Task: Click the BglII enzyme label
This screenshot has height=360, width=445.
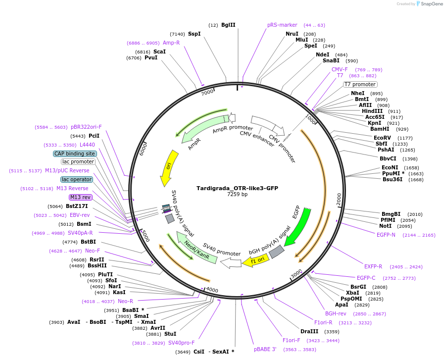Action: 228,25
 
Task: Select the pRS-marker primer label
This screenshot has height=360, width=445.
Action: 282,25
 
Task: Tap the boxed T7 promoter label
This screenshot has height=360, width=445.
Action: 360,84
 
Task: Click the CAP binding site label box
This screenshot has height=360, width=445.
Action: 75,154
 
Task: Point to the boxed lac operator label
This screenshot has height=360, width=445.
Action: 77,179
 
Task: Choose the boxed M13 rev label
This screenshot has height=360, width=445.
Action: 81,197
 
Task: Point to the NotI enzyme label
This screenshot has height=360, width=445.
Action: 385,226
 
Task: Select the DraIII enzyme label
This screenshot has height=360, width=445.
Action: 309,331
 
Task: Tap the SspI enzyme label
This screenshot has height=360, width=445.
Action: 194,34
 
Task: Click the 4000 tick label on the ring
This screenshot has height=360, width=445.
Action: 212,290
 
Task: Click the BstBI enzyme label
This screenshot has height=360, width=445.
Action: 88,242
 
